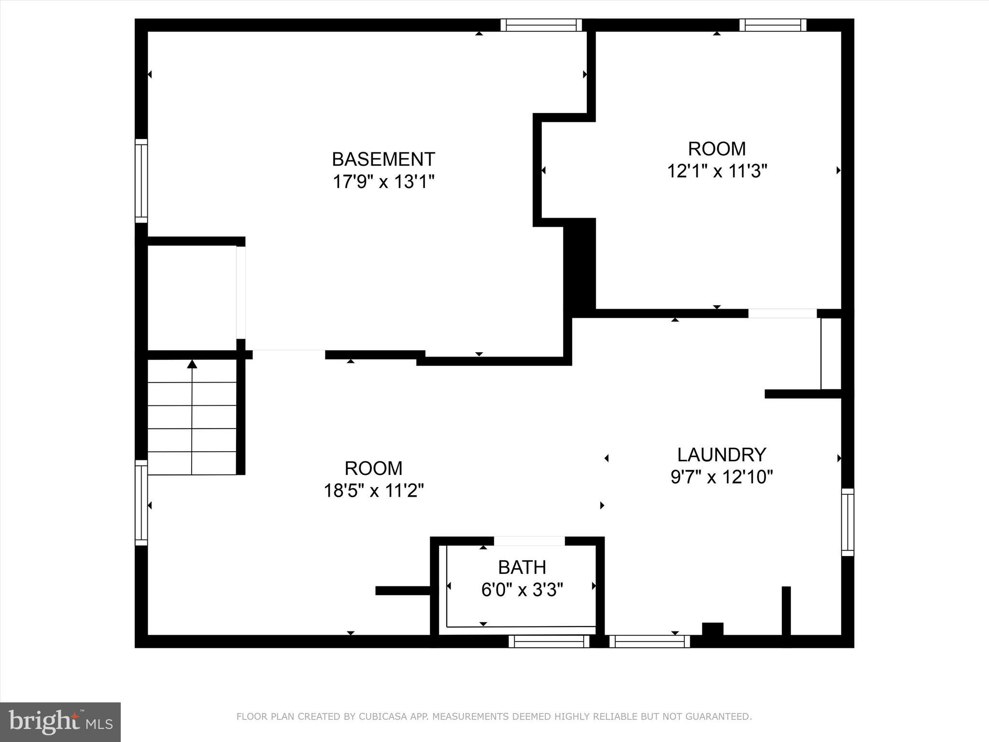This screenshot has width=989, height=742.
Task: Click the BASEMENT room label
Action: (x=383, y=159)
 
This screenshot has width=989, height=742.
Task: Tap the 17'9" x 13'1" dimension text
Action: (x=383, y=182)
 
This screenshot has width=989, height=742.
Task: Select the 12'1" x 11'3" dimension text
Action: (x=717, y=171)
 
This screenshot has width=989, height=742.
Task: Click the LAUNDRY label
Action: (x=721, y=455)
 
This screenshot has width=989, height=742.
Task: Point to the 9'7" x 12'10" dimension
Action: (x=721, y=477)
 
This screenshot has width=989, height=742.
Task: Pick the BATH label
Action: (x=522, y=567)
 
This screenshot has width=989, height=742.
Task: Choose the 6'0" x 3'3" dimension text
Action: (x=522, y=589)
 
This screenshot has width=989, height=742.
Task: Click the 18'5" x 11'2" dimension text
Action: (x=373, y=491)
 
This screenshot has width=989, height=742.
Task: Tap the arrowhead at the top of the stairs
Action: (x=192, y=364)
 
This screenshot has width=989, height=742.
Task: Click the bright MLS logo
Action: (x=60, y=722)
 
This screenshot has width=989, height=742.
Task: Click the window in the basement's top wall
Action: (x=541, y=25)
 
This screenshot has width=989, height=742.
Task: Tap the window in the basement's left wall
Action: (x=141, y=181)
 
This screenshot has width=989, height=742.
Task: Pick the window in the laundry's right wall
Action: (x=848, y=522)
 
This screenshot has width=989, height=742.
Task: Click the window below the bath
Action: (x=549, y=641)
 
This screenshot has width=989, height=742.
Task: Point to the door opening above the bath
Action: (x=529, y=541)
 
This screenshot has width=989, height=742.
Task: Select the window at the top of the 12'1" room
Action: (x=773, y=25)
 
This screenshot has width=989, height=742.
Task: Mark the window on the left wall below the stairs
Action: (x=141, y=503)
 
